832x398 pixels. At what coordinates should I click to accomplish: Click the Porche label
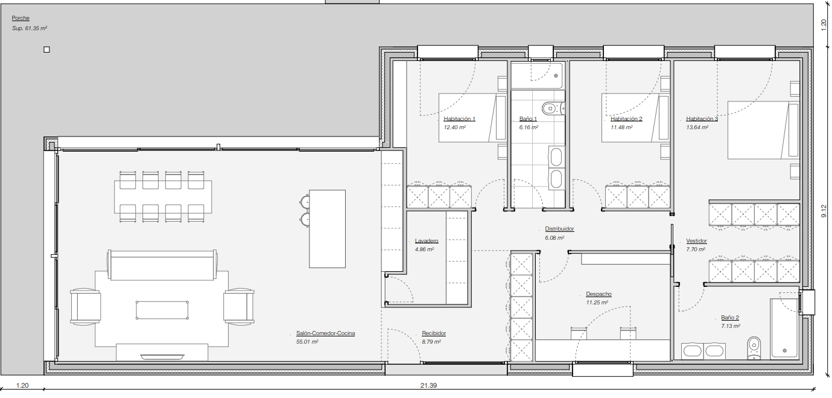click(21, 18)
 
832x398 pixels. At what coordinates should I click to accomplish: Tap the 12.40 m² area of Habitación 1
click(455, 127)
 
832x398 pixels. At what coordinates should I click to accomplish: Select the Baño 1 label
click(528, 118)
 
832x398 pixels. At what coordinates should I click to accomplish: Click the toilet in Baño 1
click(553, 109)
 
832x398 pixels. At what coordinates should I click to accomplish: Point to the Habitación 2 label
click(626, 118)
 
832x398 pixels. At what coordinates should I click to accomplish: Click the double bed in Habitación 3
click(763, 130)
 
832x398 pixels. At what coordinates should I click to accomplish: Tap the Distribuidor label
click(559, 229)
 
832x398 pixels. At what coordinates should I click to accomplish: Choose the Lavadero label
click(427, 240)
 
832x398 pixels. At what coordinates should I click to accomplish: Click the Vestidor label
click(696, 240)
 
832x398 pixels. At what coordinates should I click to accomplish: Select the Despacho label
click(599, 294)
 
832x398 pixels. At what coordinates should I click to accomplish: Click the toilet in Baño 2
click(754, 348)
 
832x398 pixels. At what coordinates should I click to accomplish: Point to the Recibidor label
click(434, 333)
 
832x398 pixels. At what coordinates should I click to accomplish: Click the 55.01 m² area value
click(307, 342)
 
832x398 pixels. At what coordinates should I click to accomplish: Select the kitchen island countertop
click(327, 229)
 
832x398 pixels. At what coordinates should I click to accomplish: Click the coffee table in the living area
click(162, 310)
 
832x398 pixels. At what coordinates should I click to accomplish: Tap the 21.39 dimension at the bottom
click(428, 385)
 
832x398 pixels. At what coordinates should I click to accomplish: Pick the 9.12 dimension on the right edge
click(824, 211)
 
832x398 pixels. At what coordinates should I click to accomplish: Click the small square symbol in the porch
click(46, 50)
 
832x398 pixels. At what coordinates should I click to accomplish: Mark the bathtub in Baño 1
click(538, 75)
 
